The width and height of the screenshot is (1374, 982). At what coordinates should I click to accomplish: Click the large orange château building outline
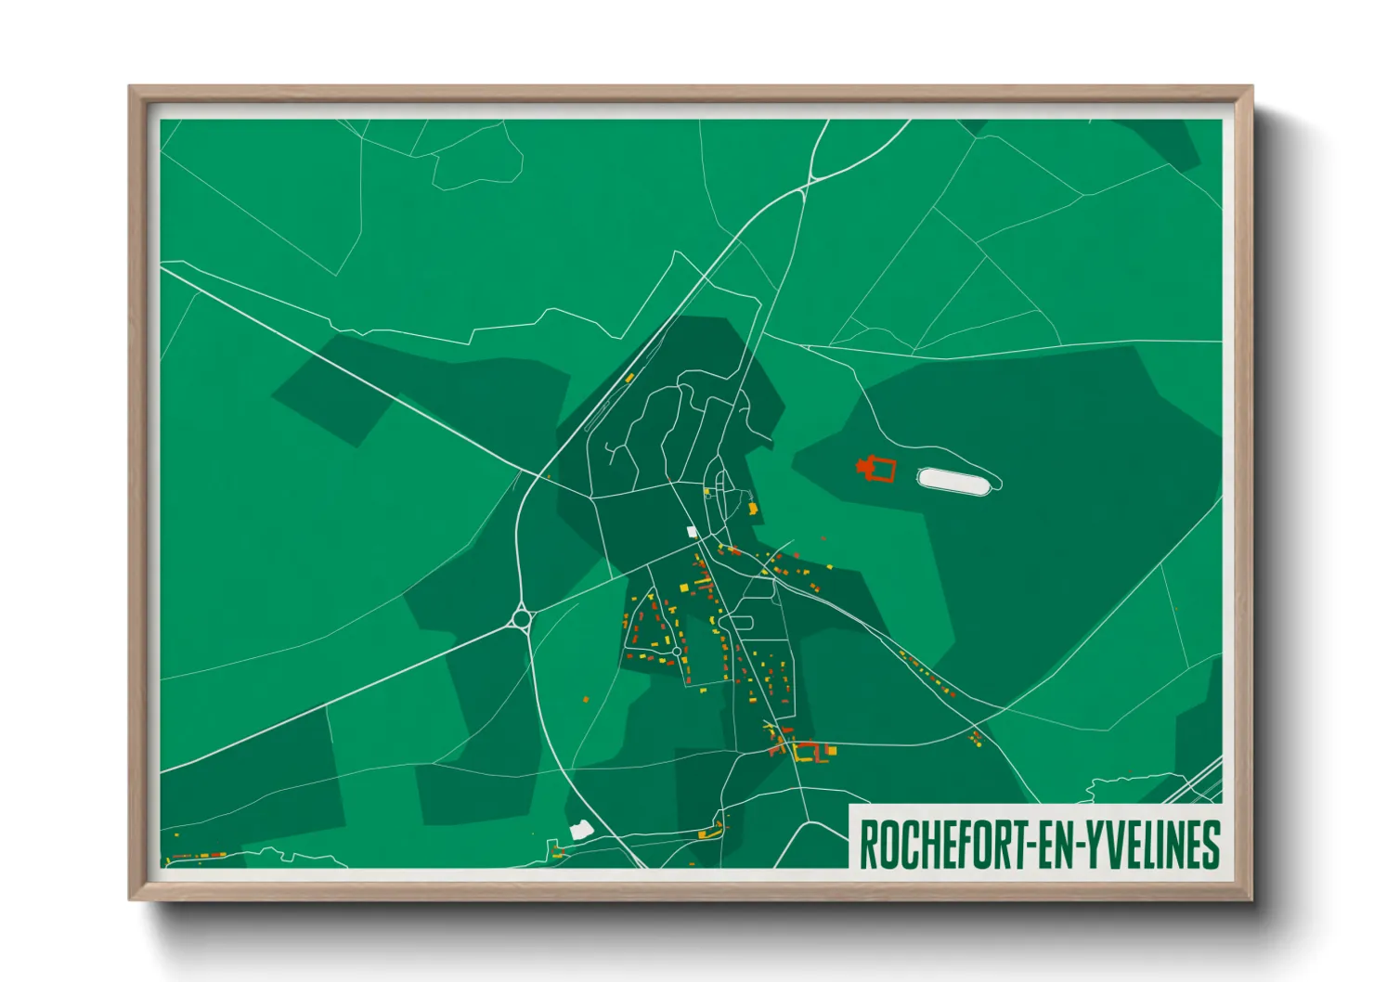[877, 470]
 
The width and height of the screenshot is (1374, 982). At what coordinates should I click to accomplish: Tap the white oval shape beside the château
[956, 481]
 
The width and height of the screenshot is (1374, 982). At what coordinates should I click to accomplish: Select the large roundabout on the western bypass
[522, 617]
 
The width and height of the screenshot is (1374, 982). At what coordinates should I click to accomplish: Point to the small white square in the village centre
[691, 532]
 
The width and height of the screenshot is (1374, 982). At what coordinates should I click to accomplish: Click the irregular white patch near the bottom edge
[581, 830]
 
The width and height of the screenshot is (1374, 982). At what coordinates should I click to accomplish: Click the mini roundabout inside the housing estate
[677, 652]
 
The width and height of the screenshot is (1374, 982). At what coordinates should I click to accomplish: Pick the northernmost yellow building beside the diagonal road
[629, 378]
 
